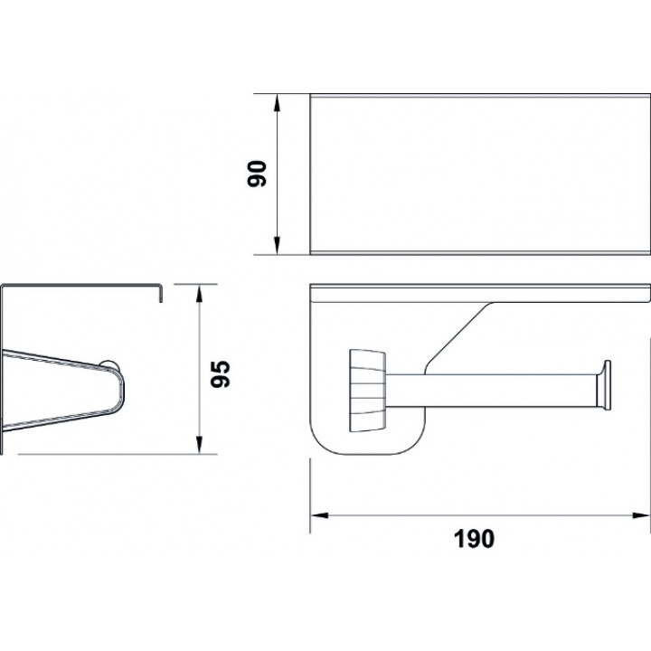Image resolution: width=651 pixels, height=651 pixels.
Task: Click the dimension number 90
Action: pos(257,174)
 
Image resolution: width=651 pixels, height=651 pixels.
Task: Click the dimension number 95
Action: pos(220,373)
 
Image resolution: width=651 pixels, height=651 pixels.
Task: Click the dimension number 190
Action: pos(474,539)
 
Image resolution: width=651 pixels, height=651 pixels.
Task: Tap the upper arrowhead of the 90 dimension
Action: pos(277,104)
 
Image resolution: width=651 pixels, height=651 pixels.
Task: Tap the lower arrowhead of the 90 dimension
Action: pos(277,245)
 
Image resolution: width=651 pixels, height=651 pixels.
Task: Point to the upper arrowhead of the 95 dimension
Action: pos(199,294)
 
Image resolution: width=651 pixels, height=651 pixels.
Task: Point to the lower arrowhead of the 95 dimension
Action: pos(199,445)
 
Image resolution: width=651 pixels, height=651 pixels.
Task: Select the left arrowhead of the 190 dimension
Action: pos(320,515)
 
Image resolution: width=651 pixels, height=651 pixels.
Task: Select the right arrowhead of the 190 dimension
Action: pos(641,515)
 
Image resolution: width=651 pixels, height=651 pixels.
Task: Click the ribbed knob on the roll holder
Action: pos(367,391)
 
